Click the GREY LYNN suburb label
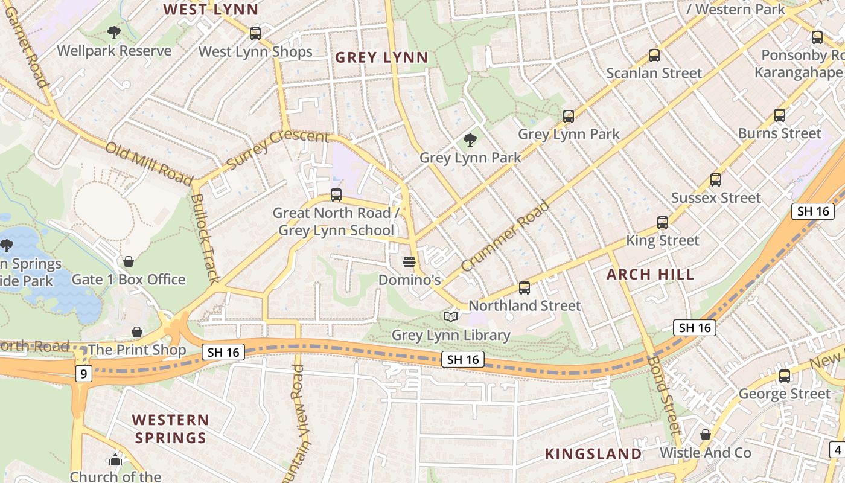(381, 57)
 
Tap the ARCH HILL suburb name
(650, 275)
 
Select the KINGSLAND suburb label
(593, 454)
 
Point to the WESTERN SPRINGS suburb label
(171, 429)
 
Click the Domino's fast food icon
(409, 262)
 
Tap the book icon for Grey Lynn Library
(451, 316)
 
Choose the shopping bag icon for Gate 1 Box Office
(128, 261)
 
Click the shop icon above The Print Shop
(137, 332)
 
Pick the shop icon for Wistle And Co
(705, 435)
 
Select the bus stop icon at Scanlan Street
(654, 56)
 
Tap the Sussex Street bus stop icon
(716, 180)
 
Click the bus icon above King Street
(663, 223)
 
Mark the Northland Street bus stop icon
(525, 288)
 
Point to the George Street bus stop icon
(785, 376)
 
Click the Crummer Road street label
(505, 236)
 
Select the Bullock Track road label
(205, 238)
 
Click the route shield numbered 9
(83, 374)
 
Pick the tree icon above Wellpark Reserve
(113, 33)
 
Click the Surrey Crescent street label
(277, 149)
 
